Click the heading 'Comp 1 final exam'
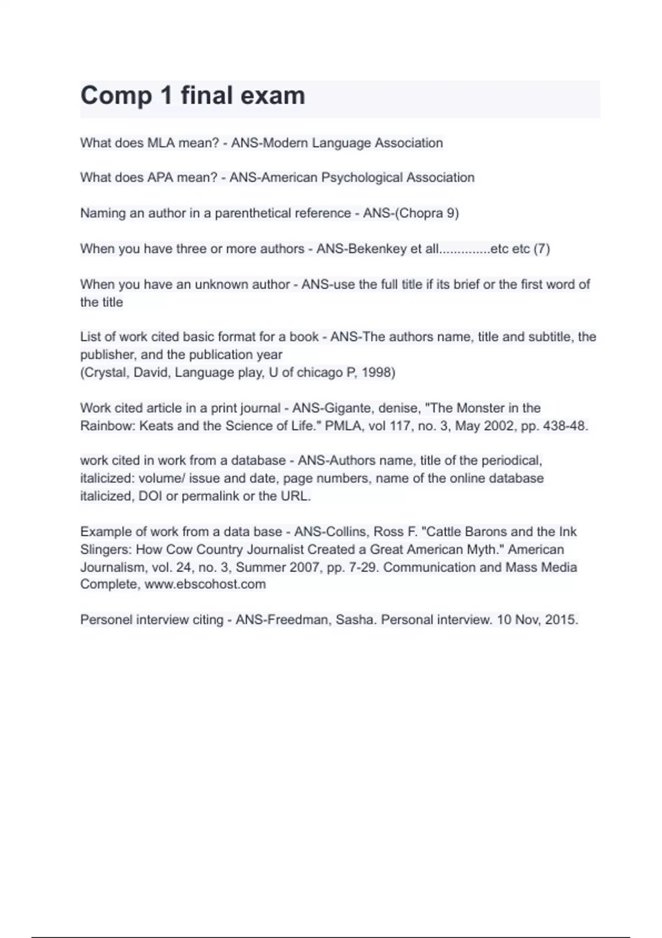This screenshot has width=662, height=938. point(193,95)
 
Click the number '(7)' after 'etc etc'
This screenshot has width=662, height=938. point(542,249)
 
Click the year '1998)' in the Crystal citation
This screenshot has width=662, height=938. point(378,372)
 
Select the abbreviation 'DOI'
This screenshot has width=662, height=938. point(150,496)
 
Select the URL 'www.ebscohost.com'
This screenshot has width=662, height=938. point(205,584)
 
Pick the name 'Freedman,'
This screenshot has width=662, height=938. point(300,620)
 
